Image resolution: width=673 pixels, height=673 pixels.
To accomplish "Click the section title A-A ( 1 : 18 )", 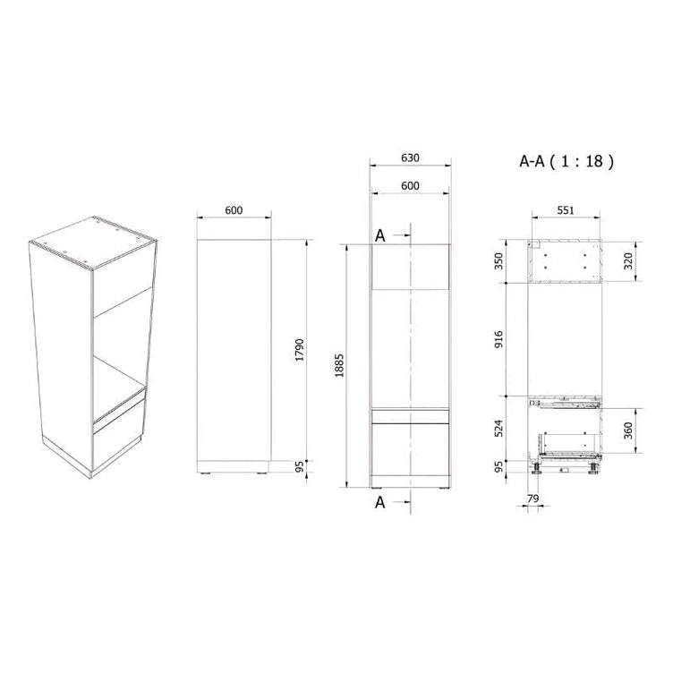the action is (x=567, y=161).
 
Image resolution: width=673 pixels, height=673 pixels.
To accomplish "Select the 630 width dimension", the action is (x=410, y=158).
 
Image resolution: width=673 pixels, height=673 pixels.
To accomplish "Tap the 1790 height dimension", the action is (x=299, y=350).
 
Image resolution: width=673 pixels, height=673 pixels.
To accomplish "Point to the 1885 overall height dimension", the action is (x=339, y=365).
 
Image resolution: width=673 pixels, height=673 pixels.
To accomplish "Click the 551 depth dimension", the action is (x=566, y=210).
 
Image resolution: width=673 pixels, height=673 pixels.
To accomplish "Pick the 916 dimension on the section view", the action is (x=498, y=339).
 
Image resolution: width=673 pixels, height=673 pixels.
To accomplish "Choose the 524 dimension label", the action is (x=498, y=429).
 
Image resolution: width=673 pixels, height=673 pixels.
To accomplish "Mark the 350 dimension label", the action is (x=498, y=261).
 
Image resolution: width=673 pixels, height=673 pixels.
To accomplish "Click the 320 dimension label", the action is (x=628, y=261).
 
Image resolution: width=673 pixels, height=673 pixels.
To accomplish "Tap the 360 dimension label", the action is (x=628, y=430).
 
